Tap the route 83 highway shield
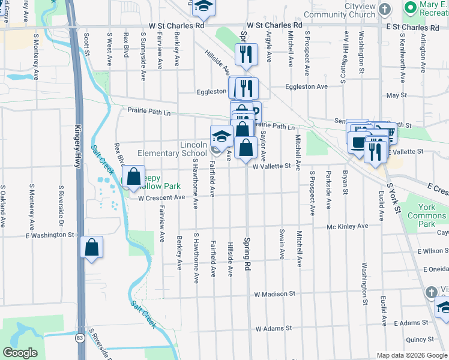[x=80, y=339]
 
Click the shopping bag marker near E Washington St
[x=92, y=247]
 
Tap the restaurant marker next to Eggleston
[x=247, y=88]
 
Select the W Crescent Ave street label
[x=161, y=197]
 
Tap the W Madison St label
[x=274, y=294]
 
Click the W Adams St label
[x=273, y=328]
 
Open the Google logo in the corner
[x=20, y=353]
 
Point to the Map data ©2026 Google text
[x=411, y=355]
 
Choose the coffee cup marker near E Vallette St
[x=359, y=143]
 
